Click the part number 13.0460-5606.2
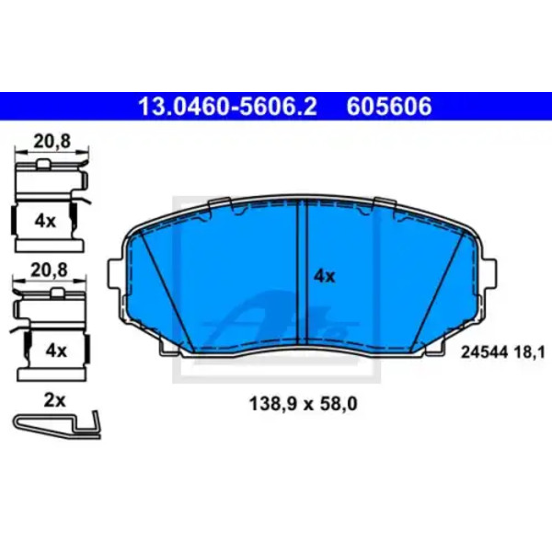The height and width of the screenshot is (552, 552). point(228,107)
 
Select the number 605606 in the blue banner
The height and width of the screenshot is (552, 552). point(389,107)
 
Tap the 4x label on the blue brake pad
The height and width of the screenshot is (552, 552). point(324,276)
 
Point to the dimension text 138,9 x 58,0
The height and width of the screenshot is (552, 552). point(303,404)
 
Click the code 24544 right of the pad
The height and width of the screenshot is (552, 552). point(484,351)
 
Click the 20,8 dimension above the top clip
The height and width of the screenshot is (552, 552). point(52,141)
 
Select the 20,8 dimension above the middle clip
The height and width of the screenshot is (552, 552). point(49,270)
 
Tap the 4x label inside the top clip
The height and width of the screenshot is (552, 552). point(45,222)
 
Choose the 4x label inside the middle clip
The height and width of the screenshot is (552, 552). point(56,351)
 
